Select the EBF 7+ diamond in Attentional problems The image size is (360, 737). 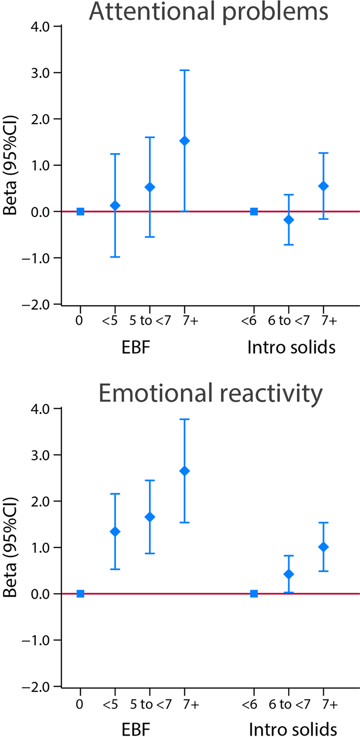[185, 141]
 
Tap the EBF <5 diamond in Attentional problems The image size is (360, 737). [115, 205]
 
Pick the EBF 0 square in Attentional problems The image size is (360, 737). [81, 211]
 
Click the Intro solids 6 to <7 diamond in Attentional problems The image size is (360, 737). [289, 220]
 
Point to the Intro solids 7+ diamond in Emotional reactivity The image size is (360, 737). [323, 547]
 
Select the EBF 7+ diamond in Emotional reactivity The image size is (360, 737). [185, 471]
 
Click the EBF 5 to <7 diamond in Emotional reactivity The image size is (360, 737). [150, 517]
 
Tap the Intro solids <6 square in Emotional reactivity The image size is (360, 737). [254, 594]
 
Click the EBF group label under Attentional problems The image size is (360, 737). [136, 347]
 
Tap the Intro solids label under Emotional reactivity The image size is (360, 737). [293, 729]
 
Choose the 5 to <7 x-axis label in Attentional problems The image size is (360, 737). [150, 321]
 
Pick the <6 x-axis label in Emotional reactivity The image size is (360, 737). [249, 704]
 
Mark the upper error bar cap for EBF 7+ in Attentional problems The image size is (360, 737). [185, 70]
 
